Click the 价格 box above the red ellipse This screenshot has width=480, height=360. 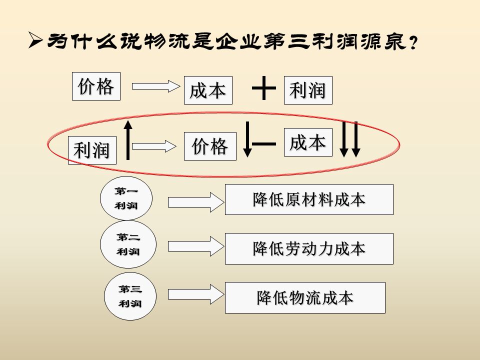[96, 86]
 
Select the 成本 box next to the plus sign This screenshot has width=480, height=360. [208, 90]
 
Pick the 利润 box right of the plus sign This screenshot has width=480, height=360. [308, 90]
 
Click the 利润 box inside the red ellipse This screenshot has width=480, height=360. [92, 150]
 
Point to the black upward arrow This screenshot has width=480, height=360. [128, 139]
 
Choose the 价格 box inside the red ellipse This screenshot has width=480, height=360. [210, 146]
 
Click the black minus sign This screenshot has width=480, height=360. [264, 144]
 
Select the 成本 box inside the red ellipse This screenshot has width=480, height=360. [308, 142]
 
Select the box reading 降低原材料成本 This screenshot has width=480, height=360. [309, 199]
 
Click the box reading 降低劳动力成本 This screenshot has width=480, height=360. [309, 248]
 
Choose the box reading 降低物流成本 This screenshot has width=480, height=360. [305, 297]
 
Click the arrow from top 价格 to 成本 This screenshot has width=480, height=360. [155, 86]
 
